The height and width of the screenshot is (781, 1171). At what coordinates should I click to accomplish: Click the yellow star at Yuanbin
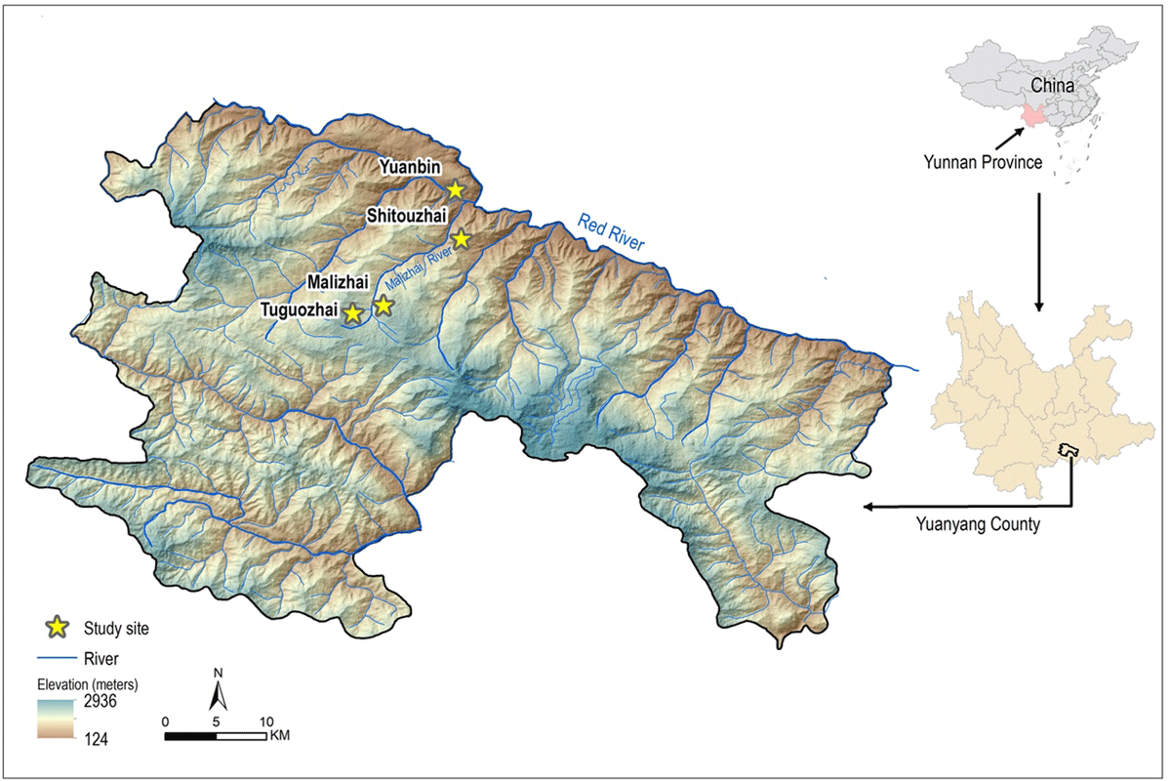tap(455, 189)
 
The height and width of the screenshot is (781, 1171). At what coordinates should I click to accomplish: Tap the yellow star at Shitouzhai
tap(462, 239)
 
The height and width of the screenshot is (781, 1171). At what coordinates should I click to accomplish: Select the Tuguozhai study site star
tap(352, 313)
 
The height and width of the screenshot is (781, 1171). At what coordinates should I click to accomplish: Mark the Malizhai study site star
tap(383, 306)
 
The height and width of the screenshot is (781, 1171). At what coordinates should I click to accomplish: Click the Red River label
tap(611, 232)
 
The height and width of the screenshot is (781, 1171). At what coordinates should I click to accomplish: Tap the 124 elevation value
tap(96, 739)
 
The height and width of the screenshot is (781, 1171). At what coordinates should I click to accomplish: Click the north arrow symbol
tap(220, 695)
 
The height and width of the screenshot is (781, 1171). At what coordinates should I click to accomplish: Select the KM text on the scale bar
tap(278, 735)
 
